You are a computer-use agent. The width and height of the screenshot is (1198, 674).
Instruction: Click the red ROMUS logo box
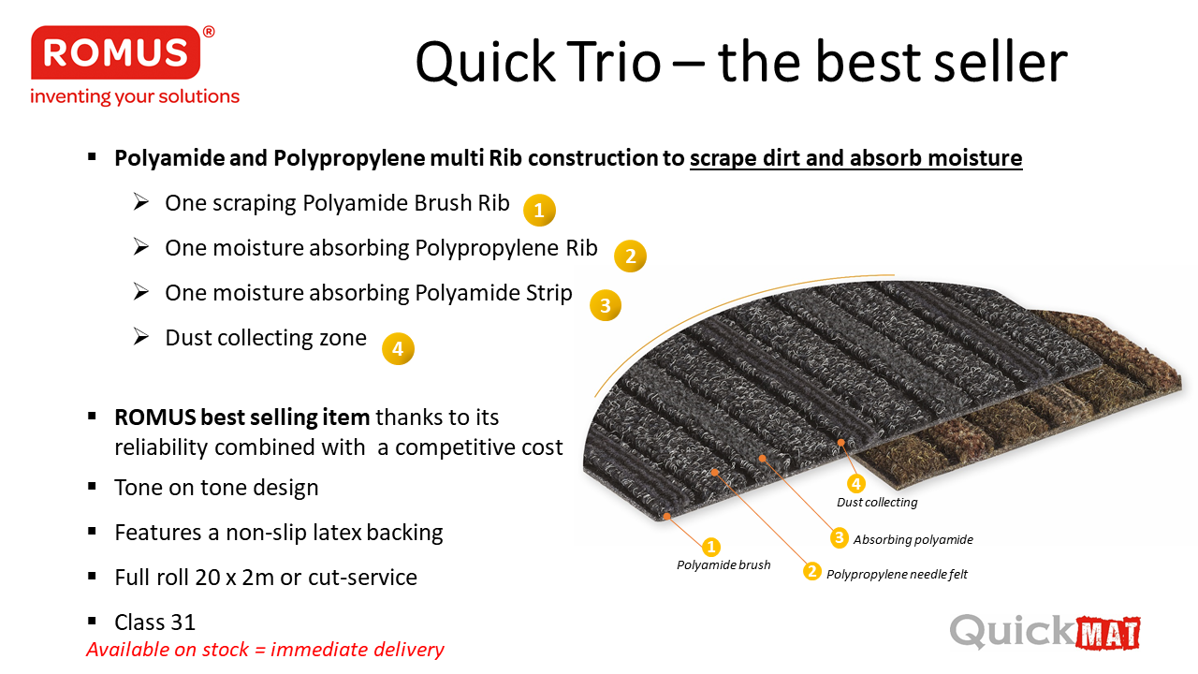tap(115, 52)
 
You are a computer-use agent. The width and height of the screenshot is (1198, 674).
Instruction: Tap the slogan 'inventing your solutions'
tap(135, 96)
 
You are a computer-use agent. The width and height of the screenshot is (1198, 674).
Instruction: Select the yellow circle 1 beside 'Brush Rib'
tap(539, 211)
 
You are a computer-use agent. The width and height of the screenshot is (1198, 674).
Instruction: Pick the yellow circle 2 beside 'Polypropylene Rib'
tap(630, 256)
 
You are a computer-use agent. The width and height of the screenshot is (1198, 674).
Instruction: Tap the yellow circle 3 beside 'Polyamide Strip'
tap(606, 305)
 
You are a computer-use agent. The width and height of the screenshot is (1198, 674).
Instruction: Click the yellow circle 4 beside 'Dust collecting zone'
tap(398, 349)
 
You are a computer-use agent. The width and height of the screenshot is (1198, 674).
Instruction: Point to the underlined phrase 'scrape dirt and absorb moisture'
tap(855, 158)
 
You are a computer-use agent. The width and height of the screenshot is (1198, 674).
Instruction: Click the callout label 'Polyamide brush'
tap(723, 564)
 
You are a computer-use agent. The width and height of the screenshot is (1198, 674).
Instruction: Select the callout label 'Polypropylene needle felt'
tap(897, 575)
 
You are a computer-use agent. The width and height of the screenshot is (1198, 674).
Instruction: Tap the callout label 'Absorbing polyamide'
tap(913, 540)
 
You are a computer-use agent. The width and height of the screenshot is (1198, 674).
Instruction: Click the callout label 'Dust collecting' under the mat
tap(877, 503)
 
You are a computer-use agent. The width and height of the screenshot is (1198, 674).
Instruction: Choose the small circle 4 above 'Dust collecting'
tap(856, 484)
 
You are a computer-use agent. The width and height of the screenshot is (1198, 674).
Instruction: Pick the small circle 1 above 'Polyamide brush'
tap(710, 547)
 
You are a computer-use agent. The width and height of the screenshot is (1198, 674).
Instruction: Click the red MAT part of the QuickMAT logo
tap(1107, 634)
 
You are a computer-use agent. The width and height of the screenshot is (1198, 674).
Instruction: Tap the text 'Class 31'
tap(155, 623)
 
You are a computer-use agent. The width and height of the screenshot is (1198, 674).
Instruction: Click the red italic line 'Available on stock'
tap(265, 650)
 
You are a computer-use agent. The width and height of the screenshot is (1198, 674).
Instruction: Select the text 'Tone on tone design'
tap(216, 488)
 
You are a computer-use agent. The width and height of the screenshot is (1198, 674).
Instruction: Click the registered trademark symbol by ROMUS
tap(209, 32)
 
